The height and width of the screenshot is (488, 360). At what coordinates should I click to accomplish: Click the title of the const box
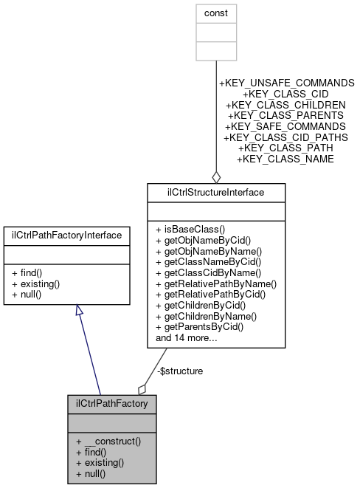click(215, 13)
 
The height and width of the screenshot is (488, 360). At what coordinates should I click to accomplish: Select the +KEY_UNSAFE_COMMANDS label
click(286, 83)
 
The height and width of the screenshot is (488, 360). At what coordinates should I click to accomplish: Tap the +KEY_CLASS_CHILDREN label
click(285, 106)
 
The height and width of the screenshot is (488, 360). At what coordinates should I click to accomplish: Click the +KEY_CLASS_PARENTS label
click(285, 116)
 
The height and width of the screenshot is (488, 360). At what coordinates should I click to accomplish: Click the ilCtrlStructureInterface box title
click(216, 192)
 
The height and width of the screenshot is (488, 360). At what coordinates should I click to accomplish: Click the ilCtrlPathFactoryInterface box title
click(68, 235)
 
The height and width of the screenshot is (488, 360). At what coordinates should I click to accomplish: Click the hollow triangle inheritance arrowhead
click(80, 311)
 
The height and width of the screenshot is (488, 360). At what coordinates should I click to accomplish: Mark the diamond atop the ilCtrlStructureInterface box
click(216, 176)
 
